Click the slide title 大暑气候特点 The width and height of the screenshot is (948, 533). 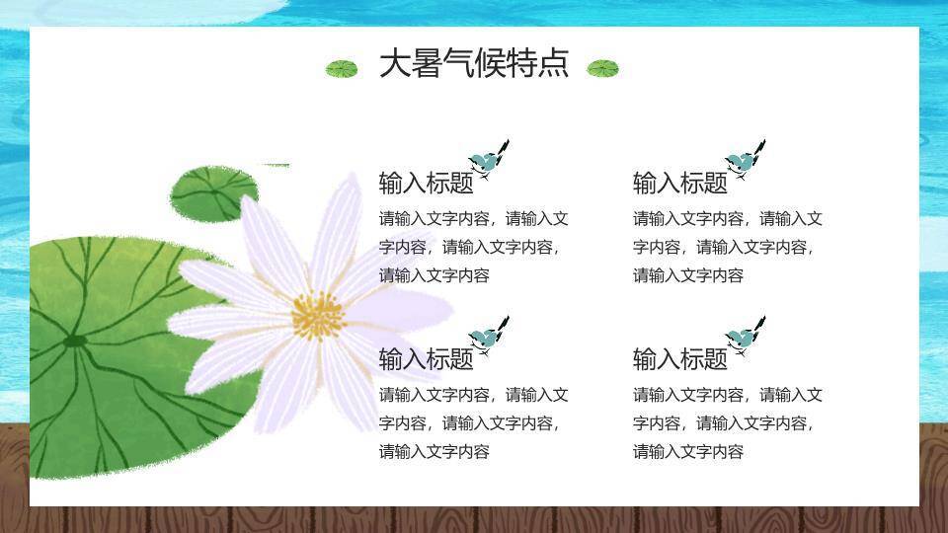pyautogui.click(x=474, y=64)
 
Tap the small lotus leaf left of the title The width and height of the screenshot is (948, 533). pyautogui.click(x=342, y=69)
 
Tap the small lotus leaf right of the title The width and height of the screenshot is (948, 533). pyautogui.click(x=602, y=68)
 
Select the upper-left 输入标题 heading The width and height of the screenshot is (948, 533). pyautogui.click(x=426, y=184)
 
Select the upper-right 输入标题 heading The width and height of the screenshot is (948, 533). pyautogui.click(x=679, y=184)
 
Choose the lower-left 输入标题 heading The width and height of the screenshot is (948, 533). pyautogui.click(x=426, y=359)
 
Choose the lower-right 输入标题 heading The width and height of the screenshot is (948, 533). pyautogui.click(x=679, y=359)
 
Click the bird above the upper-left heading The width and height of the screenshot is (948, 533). pyautogui.click(x=488, y=161)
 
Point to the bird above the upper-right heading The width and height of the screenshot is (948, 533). pyautogui.click(x=744, y=161)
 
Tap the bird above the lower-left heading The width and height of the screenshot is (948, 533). pyautogui.click(x=488, y=337)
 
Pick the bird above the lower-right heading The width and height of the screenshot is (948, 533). pyautogui.click(x=744, y=337)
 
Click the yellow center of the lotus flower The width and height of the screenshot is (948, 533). pyautogui.click(x=317, y=316)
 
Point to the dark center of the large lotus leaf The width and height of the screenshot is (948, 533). pyautogui.click(x=75, y=343)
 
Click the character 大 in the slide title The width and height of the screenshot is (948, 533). pyautogui.click(x=394, y=64)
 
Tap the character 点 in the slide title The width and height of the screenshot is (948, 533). pyautogui.click(x=553, y=64)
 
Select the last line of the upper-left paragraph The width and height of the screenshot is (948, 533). pyautogui.click(x=434, y=275)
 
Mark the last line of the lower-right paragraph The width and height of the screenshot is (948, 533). pyautogui.click(x=687, y=452)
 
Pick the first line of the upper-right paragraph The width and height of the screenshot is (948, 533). pyautogui.click(x=727, y=219)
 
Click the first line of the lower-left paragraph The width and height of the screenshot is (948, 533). pyautogui.click(x=473, y=396)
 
